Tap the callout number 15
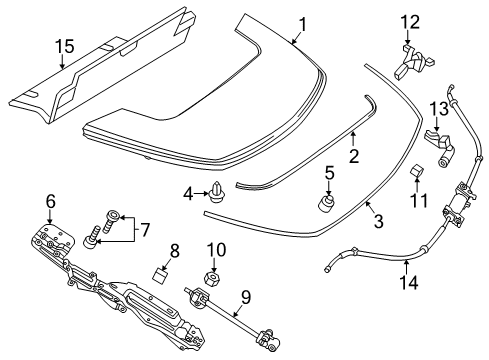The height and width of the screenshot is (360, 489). click(64, 45)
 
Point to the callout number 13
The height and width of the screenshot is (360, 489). click(437, 108)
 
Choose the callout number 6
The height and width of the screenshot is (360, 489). click(49, 202)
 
